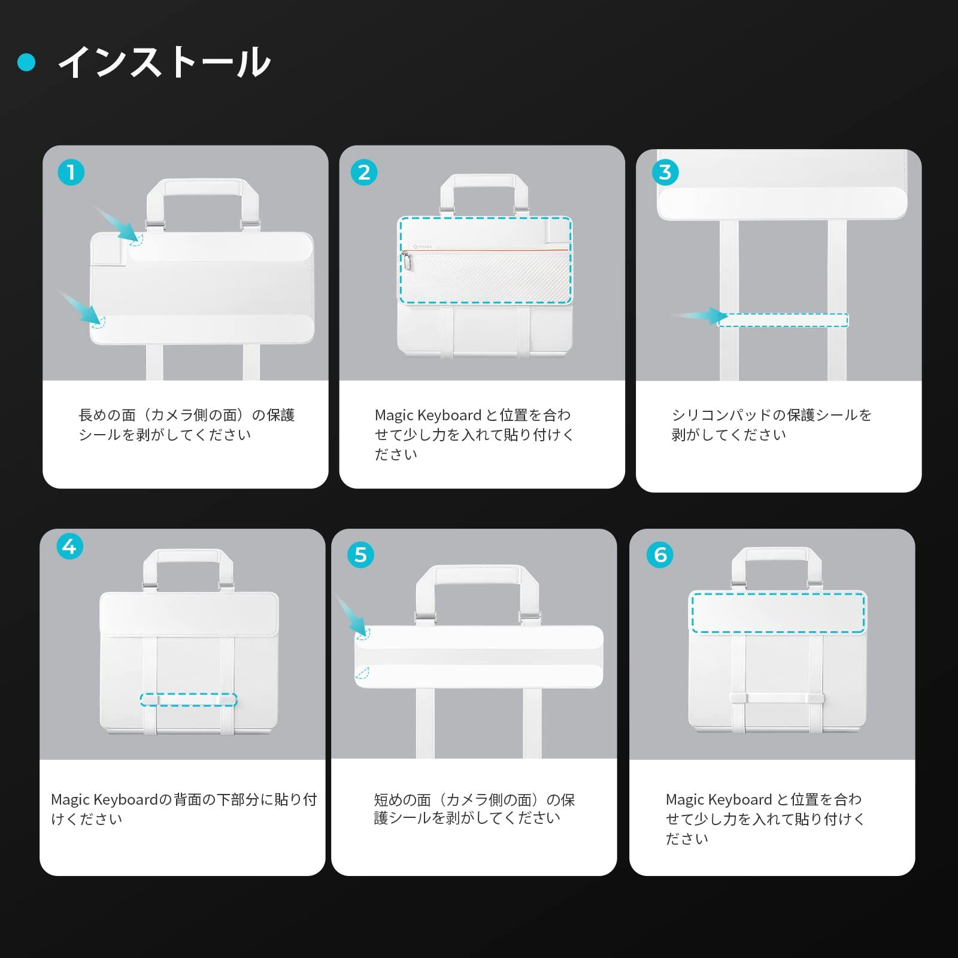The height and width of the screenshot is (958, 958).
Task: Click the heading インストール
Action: point(165,62)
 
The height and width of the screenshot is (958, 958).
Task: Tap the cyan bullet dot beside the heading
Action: point(27,62)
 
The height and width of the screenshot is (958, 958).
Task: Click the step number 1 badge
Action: point(71,172)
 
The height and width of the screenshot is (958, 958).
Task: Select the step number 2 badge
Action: point(364,172)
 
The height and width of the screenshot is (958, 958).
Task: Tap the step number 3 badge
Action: point(665,172)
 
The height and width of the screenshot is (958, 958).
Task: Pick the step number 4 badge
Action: point(69,547)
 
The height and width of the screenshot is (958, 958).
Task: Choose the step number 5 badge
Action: point(360,555)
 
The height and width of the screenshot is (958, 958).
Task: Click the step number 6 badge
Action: point(660,555)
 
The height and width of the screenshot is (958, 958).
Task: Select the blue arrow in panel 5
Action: point(351,615)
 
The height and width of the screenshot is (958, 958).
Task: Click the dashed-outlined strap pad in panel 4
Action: point(189,699)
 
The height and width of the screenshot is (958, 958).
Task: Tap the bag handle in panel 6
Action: point(777,555)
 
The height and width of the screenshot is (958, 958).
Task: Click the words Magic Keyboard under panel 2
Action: point(428,415)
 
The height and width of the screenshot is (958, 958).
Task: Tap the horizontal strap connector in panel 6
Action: point(777,698)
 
